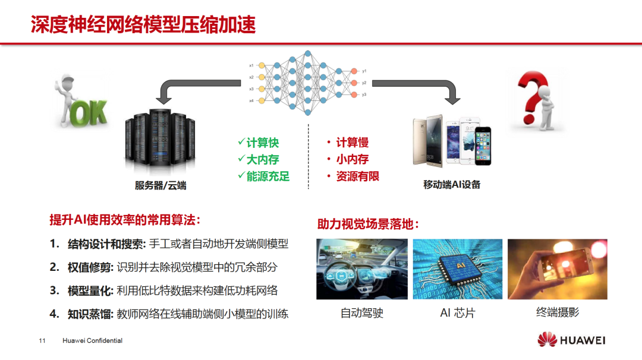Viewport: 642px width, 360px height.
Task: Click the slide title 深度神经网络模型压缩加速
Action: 143,25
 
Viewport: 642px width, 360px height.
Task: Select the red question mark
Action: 535,101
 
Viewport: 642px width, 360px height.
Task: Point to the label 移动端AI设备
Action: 452,185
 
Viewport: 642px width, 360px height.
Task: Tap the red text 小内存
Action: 352,159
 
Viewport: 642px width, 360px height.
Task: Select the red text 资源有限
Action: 357,176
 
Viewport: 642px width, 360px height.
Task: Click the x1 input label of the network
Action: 251,65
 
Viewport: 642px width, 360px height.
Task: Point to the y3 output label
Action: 364,94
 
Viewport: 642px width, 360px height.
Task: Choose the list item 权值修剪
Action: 90,267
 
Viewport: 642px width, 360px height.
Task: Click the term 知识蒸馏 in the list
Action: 90,314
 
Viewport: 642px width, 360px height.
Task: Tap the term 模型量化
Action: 90,290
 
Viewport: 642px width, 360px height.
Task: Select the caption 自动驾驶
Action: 361,313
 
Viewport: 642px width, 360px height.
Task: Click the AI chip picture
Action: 457,269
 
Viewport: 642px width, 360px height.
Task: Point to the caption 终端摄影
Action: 558,312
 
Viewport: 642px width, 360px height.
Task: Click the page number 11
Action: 42,341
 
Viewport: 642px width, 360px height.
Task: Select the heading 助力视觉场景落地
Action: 369,225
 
